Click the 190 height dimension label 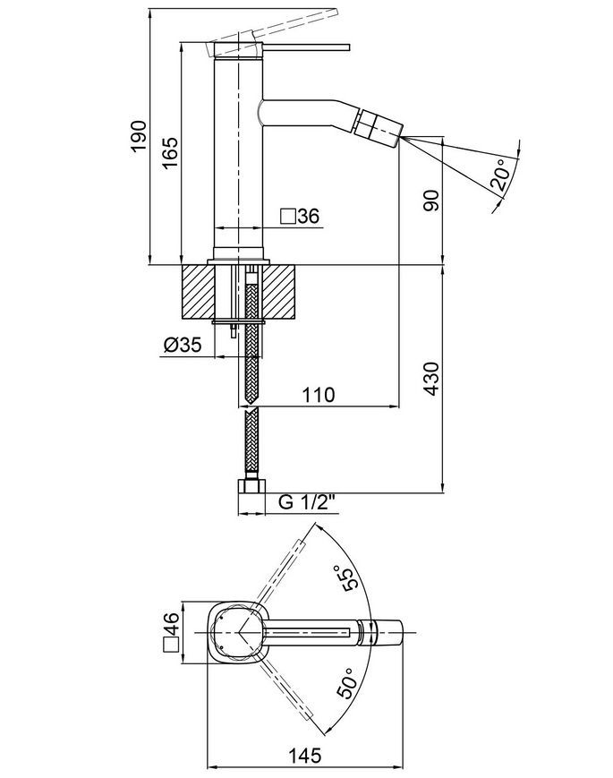(x=140, y=136)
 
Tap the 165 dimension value (x=170, y=153)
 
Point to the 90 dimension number (x=431, y=201)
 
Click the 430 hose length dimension (x=431, y=379)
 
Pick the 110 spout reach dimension (x=319, y=395)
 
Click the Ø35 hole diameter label (x=183, y=345)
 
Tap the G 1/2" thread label (x=308, y=502)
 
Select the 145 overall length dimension (x=304, y=756)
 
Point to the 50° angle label (x=347, y=683)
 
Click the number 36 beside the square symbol (x=309, y=217)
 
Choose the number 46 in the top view (x=171, y=624)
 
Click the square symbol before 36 (x=289, y=217)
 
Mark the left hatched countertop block (x=198, y=291)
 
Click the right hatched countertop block (x=280, y=291)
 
